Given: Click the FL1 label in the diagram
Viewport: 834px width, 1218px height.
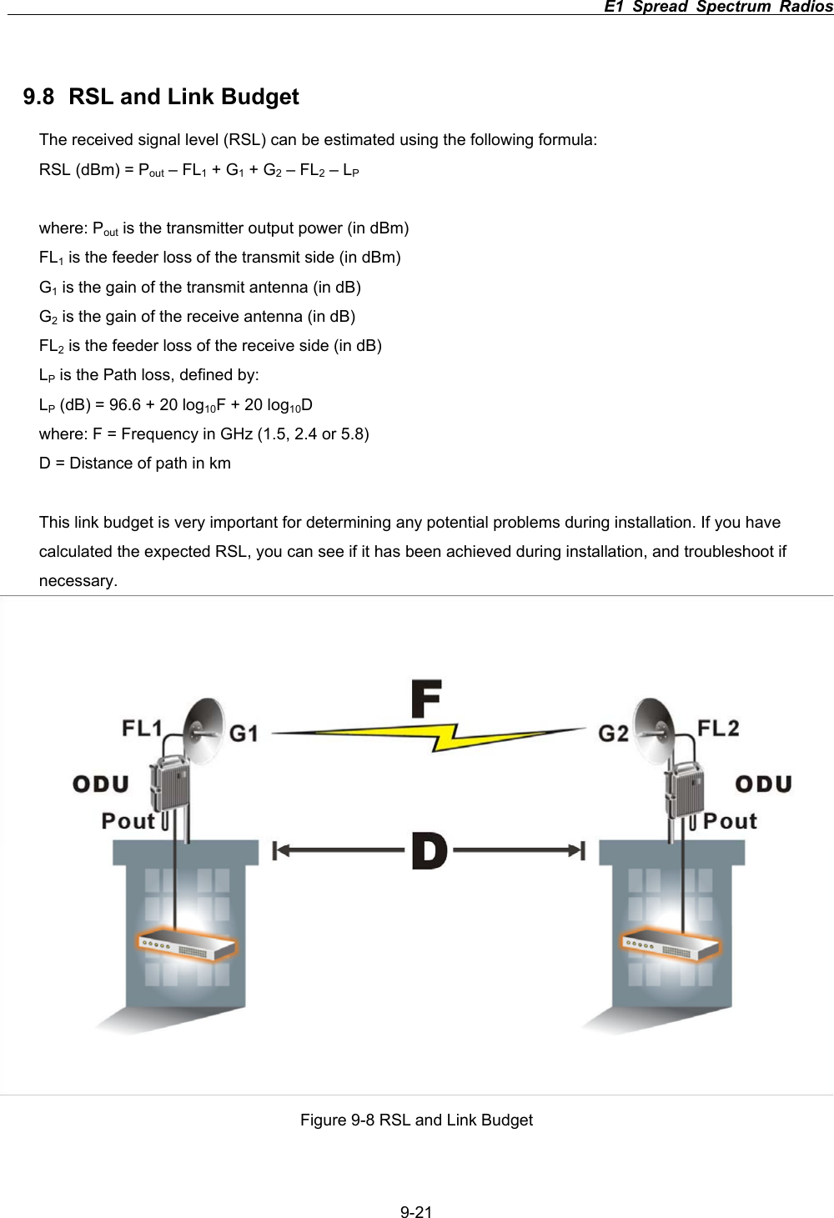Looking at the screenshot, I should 142,728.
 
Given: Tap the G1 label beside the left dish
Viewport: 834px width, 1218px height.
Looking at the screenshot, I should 244,734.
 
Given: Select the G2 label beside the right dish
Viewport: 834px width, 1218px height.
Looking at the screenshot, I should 614,734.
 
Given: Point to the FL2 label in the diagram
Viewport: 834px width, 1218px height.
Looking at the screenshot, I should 718,728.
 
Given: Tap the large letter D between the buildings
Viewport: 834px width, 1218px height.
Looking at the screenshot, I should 430,851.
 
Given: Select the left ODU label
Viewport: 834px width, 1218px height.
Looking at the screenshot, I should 101,784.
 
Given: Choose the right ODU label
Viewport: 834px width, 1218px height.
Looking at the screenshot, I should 763,784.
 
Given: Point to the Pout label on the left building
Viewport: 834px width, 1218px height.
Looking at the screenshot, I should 128,821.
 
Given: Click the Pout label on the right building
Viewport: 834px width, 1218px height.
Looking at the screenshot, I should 730,821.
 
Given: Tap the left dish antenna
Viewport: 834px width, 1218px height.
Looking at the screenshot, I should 203,729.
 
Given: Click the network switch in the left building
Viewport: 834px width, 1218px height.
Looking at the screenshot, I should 187,945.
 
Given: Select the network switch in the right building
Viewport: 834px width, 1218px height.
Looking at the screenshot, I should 669,944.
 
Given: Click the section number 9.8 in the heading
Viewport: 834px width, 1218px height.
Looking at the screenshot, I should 38,97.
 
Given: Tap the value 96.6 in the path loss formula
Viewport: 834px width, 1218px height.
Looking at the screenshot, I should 125,405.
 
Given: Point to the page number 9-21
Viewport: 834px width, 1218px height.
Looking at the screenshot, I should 416,1212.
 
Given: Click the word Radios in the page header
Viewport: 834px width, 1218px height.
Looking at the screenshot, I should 806,7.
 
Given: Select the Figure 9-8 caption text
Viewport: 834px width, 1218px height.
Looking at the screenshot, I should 416,1120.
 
